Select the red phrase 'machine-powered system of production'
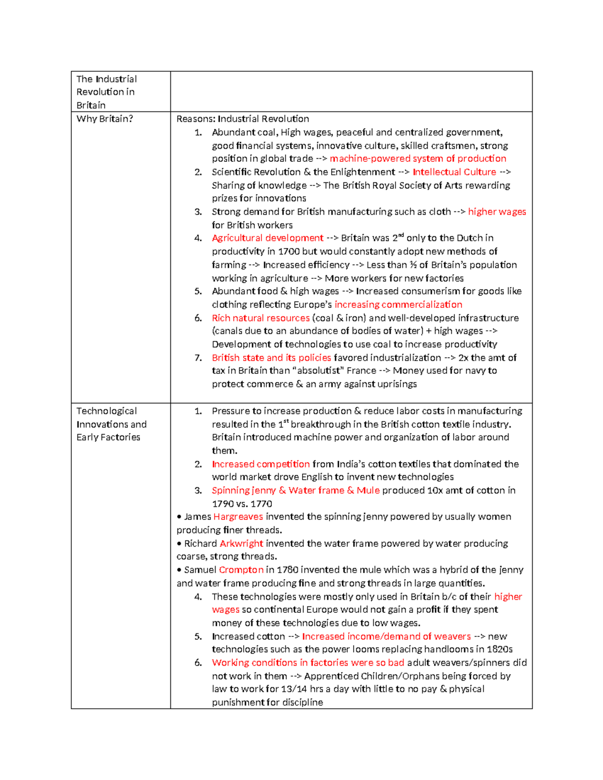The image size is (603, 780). click(x=418, y=159)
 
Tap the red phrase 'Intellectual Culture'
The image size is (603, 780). click(x=454, y=172)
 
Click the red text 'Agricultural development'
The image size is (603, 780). click(x=267, y=238)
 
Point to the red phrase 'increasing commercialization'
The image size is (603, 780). click(x=398, y=305)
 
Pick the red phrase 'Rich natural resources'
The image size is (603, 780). click(x=260, y=318)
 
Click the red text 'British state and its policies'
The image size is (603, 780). click(x=271, y=358)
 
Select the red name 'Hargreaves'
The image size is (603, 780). click(x=238, y=517)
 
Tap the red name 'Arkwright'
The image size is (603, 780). click(x=241, y=543)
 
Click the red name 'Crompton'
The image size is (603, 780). click(x=241, y=570)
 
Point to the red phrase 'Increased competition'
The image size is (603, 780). click(x=260, y=464)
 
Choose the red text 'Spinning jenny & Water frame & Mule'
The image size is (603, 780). click(x=295, y=491)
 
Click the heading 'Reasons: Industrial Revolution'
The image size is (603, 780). click(x=243, y=119)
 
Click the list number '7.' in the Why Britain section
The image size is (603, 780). click(x=198, y=358)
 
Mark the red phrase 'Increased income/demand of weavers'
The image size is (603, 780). click(x=386, y=636)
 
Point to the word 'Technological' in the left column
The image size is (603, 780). click(x=107, y=411)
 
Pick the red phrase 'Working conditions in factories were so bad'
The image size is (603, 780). click(x=308, y=663)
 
